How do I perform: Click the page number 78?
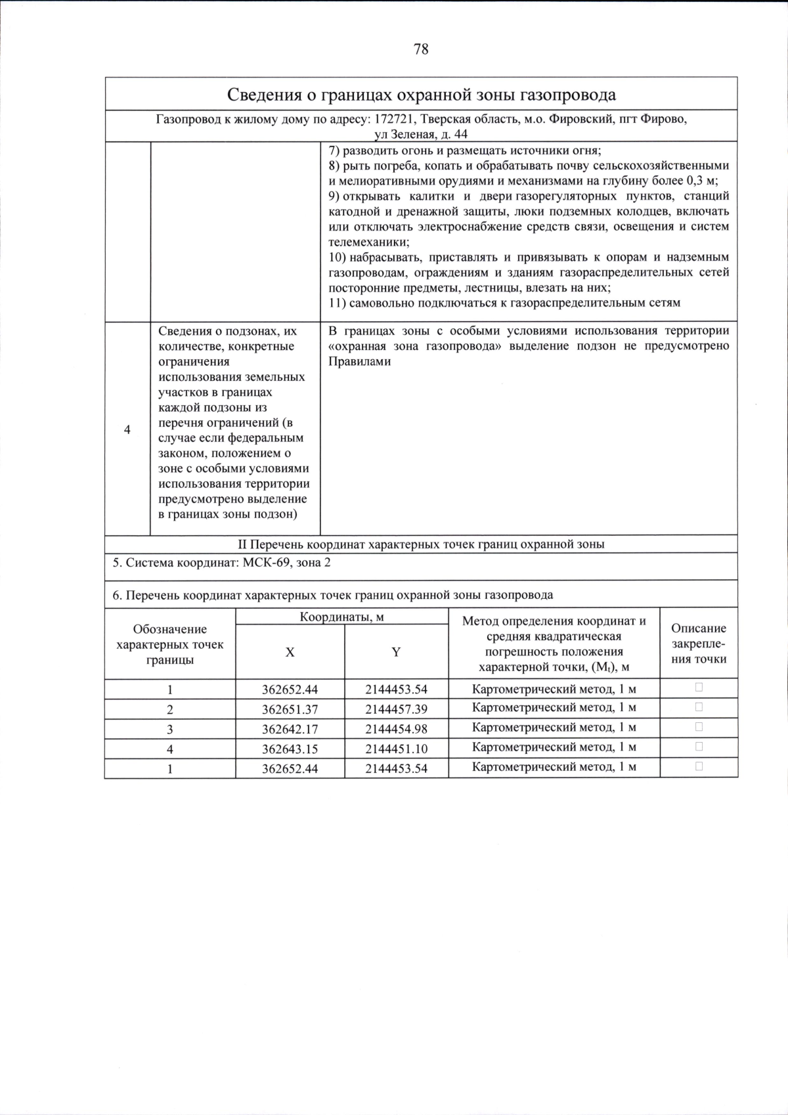[x=421, y=49]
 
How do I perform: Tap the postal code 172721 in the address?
[x=393, y=120]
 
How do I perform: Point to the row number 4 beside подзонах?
[x=127, y=429]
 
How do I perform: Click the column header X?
[x=290, y=652]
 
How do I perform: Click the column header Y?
[x=396, y=652]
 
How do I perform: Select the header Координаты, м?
[x=341, y=617]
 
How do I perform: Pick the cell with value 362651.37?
[x=290, y=709]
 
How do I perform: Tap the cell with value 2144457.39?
[x=396, y=709]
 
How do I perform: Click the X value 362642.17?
[x=290, y=729]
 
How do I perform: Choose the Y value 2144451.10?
[x=396, y=749]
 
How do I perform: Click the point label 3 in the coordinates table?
[x=169, y=729]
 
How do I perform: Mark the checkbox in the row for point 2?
[x=699, y=707]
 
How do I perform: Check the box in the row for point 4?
[x=699, y=747]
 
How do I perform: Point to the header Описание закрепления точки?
[x=699, y=644]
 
